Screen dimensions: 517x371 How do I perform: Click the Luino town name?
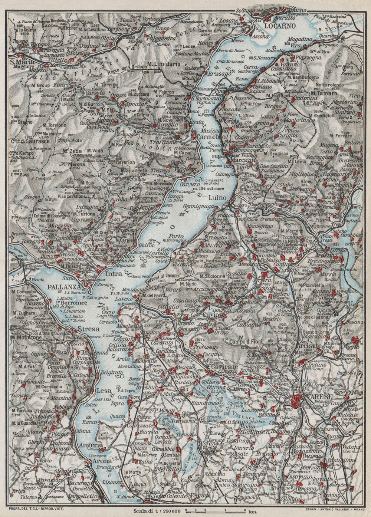217,198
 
